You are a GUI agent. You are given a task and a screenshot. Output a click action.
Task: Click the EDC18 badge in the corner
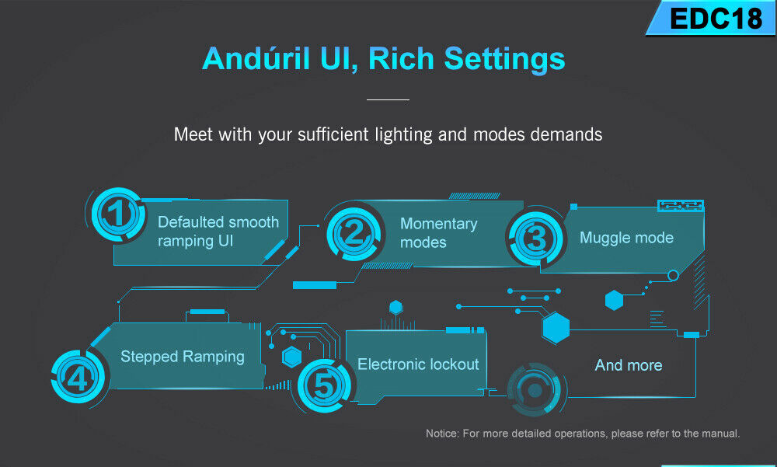coord(713,19)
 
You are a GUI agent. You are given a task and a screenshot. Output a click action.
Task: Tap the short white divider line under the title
coord(388,99)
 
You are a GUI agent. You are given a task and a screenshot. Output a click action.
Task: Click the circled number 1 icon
coord(118,214)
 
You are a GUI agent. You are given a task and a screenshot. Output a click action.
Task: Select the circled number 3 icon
coord(535,238)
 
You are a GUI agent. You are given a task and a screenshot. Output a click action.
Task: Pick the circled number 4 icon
coord(78,378)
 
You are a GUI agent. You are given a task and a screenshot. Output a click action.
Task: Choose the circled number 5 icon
coord(325,385)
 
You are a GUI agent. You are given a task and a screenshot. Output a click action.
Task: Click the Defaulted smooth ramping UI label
coord(218,232)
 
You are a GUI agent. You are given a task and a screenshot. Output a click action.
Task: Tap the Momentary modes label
coord(438,233)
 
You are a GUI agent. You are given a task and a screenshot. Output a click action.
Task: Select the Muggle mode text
coord(626,238)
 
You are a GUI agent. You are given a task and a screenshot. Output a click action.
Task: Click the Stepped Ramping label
coord(183,357)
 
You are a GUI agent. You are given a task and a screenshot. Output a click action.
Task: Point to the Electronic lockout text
coord(418,364)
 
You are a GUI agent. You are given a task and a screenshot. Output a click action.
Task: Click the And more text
coord(629,365)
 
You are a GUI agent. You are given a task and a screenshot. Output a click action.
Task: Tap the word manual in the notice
coord(722,434)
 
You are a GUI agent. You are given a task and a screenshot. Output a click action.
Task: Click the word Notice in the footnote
coord(442,434)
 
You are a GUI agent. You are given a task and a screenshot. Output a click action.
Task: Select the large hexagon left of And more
coord(556,328)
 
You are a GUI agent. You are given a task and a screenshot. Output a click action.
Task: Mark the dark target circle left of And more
coord(535,390)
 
